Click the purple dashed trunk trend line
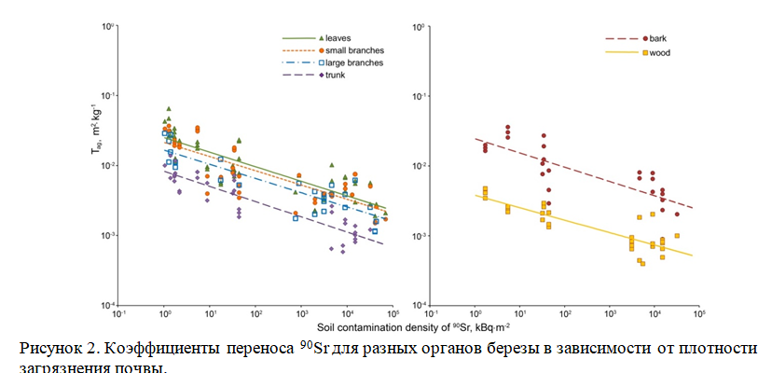[280, 210]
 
